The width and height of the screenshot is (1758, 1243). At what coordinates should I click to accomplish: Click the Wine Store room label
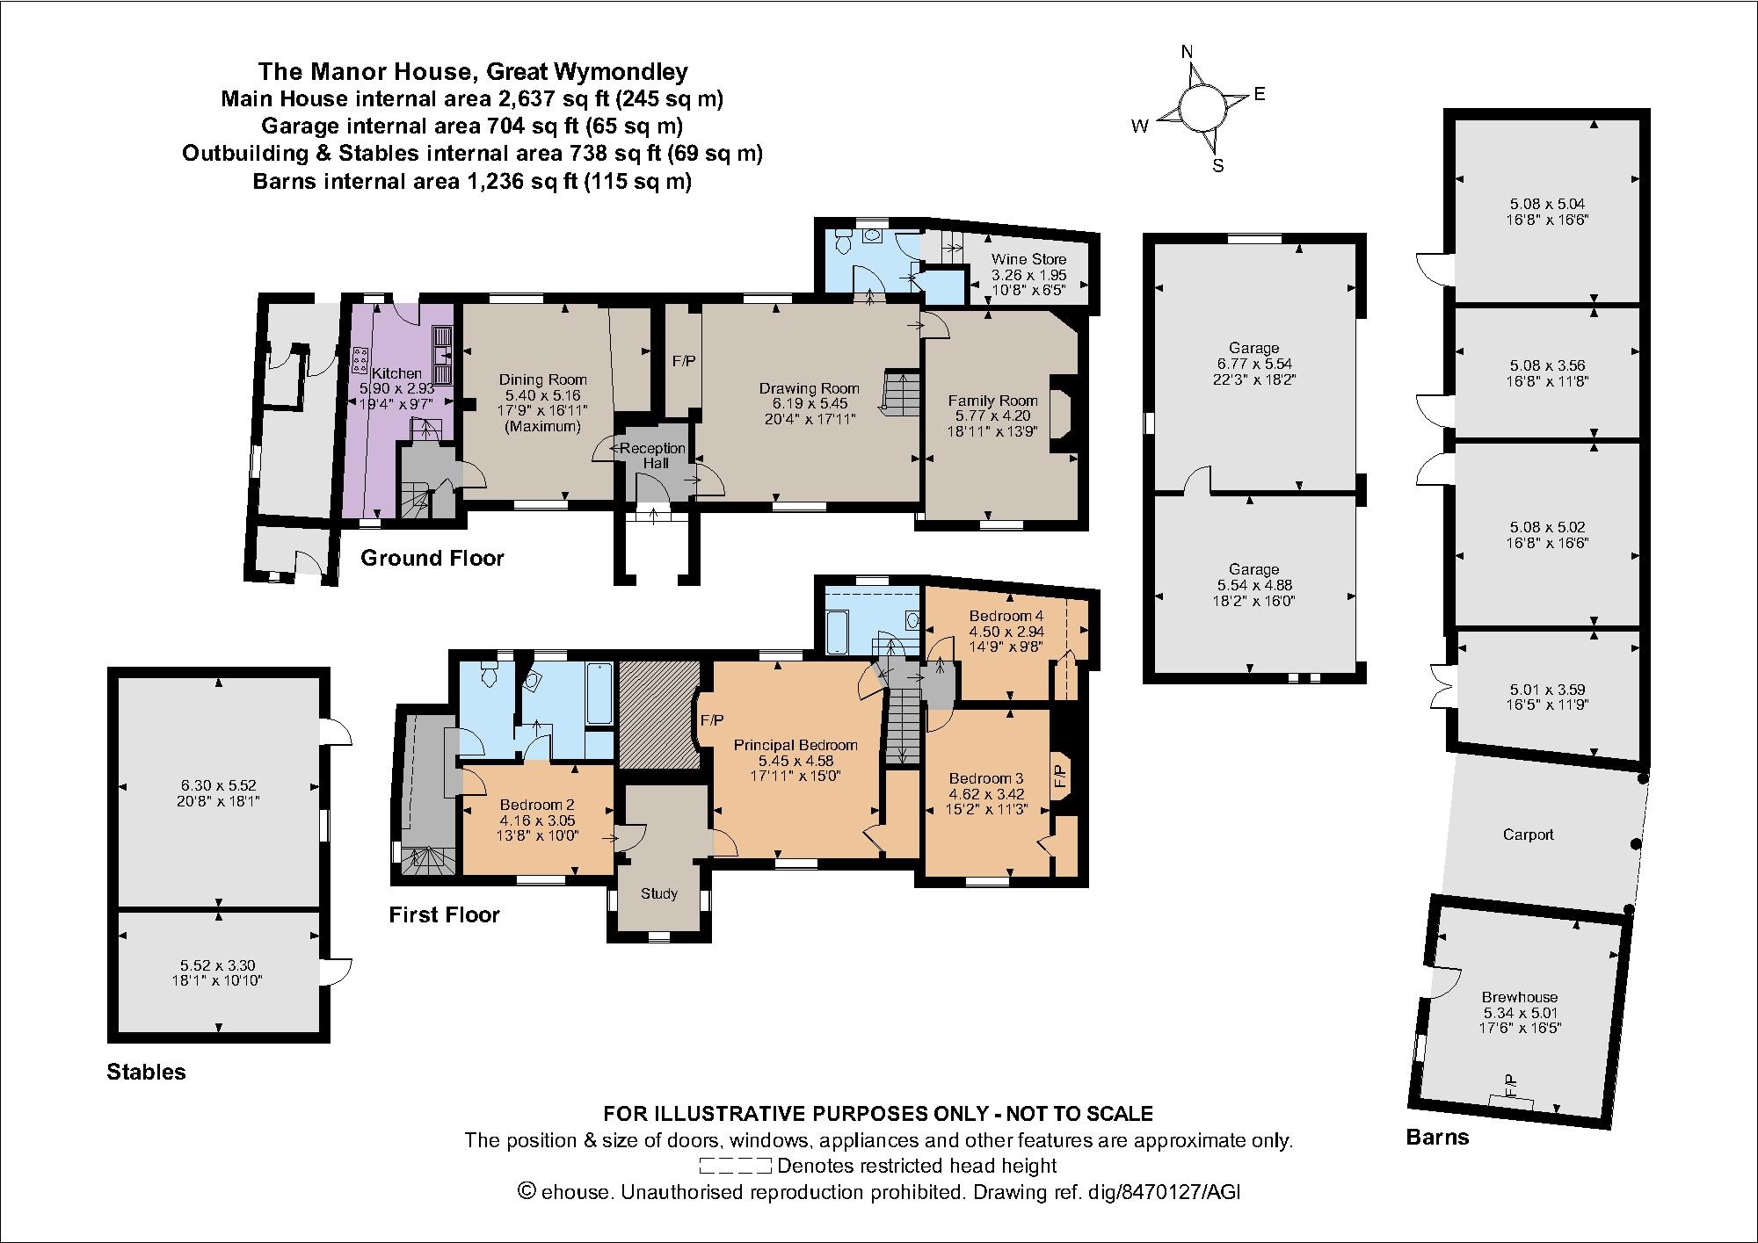click(1028, 259)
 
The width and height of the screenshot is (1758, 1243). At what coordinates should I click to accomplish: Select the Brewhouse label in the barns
click(1519, 997)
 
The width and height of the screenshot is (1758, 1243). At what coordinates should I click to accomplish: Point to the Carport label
click(1528, 835)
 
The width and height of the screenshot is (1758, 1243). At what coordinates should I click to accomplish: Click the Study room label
click(658, 893)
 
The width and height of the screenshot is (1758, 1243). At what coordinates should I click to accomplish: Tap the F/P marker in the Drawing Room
click(683, 361)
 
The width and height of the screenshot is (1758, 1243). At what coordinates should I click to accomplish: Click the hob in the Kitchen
click(360, 358)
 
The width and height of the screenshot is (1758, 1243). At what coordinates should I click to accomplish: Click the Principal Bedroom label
click(795, 745)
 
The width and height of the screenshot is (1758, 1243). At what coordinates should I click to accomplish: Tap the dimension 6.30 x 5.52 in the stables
click(219, 786)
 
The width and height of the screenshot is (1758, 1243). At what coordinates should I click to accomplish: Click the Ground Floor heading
click(432, 558)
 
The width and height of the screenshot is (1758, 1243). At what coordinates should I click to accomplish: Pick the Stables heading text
click(146, 1072)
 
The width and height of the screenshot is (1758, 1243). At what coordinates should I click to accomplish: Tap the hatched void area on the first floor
click(658, 713)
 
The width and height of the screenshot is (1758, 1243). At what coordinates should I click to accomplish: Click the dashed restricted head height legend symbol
click(735, 1167)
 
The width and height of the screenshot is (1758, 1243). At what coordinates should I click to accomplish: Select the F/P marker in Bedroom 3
click(1059, 775)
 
